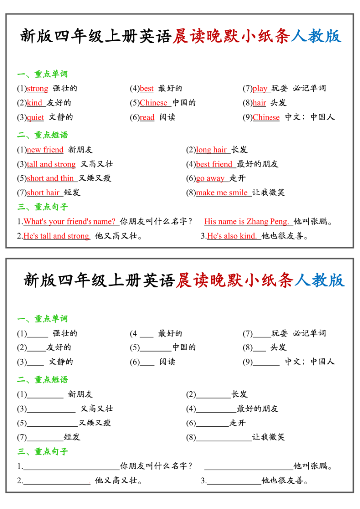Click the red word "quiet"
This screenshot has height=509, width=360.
tap(35, 118)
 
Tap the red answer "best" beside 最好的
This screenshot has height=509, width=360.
tap(147, 89)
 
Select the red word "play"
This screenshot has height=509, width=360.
tap(260, 89)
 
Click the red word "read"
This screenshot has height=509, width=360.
tap(147, 118)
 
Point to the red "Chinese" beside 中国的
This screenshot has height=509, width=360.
tap(154, 103)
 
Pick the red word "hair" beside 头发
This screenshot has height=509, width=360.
tap(259, 103)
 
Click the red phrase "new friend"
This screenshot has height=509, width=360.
tap(45, 150)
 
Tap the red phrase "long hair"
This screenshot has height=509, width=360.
tap(212, 150)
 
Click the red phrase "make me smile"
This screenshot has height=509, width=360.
tap(222, 193)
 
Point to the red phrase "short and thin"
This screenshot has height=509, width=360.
tap(51, 178)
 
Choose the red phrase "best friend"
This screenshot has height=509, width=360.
tap(214, 164)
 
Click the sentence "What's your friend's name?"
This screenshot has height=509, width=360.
tap(70, 222)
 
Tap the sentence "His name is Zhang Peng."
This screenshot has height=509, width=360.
tap(247, 222)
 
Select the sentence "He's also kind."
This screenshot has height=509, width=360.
tap(232, 236)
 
